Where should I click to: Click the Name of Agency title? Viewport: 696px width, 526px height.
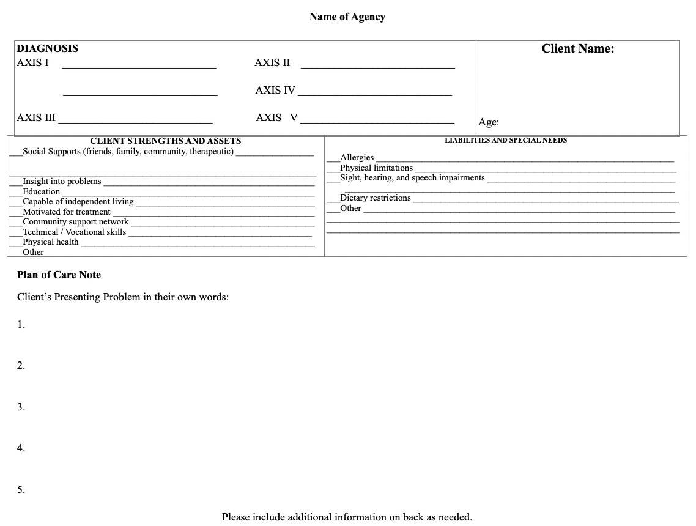tap(347, 17)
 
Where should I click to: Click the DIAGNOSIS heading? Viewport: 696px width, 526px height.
tap(47, 49)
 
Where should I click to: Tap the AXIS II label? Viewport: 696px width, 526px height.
tap(272, 63)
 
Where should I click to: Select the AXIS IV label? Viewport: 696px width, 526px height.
tap(275, 91)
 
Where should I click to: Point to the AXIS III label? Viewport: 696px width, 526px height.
tap(36, 118)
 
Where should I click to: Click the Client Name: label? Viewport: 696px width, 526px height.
tap(577, 49)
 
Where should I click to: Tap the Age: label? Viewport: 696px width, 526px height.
tap(488, 122)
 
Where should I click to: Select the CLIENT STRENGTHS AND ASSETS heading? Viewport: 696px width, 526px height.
tap(165, 141)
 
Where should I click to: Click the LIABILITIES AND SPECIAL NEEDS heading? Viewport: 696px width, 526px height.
tap(505, 141)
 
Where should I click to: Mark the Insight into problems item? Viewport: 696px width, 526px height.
tap(62, 182)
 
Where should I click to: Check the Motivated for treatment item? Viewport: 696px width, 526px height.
tap(67, 212)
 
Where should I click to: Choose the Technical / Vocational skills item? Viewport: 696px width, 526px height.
tap(74, 232)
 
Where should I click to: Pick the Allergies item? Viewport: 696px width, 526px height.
tap(357, 158)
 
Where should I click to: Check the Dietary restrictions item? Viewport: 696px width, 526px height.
tap(375, 198)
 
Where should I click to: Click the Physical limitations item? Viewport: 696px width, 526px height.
tap(376, 168)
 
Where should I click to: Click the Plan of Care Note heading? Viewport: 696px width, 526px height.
tap(59, 275)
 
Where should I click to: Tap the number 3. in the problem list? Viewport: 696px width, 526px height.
tap(21, 407)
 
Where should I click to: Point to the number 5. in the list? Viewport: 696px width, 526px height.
tap(21, 490)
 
